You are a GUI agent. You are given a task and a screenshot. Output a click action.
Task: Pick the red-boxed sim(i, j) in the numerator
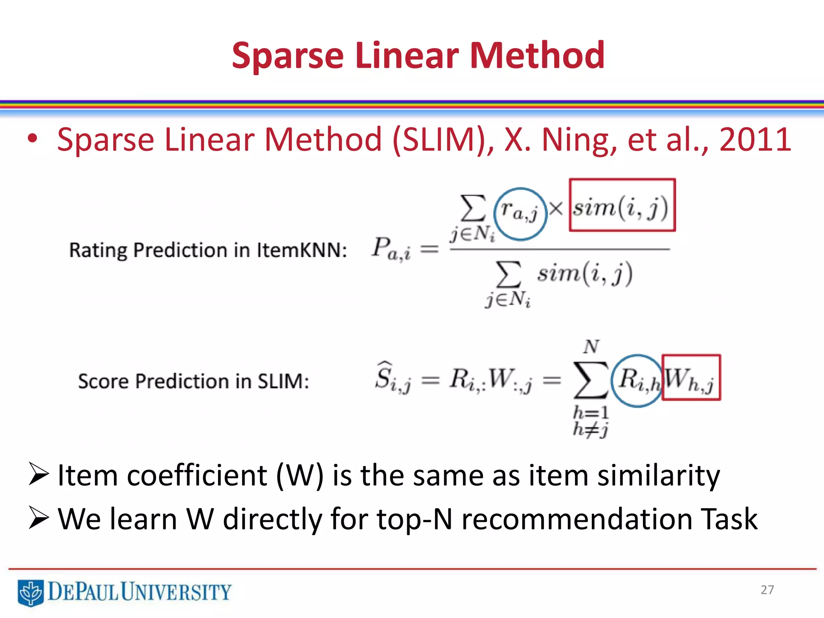pyautogui.click(x=622, y=206)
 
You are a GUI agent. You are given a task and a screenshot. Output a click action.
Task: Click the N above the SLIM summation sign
pyautogui.click(x=591, y=346)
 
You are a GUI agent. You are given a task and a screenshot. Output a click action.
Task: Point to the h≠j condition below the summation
pyautogui.click(x=590, y=430)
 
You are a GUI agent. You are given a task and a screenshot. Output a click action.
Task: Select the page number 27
pyautogui.click(x=767, y=590)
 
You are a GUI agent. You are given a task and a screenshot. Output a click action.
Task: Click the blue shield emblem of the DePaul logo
pyautogui.click(x=31, y=592)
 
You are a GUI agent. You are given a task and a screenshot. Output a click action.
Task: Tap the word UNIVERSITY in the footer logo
pyautogui.click(x=176, y=592)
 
